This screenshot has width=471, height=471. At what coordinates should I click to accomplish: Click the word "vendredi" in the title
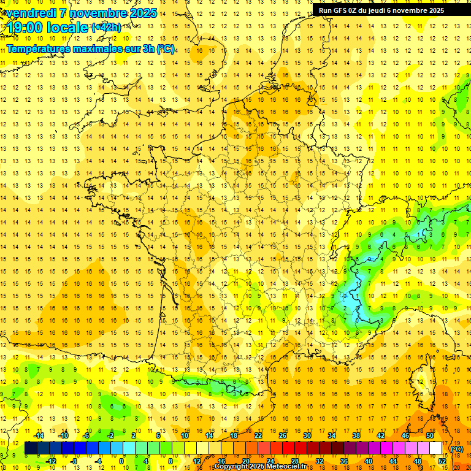tap(31, 13)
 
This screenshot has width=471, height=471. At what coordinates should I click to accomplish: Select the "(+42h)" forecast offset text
tap(106, 26)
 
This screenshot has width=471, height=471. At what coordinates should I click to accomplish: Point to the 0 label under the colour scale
tap(122, 461)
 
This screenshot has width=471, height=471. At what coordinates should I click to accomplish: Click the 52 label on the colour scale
tap(442, 461)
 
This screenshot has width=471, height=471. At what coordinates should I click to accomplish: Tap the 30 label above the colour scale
tap(307, 435)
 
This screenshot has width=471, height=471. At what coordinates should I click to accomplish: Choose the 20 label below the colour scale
tap(245, 461)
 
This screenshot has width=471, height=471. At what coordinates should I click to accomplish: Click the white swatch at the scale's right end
tap(435, 448)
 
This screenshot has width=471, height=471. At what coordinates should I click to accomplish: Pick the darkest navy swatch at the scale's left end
tap(31, 448)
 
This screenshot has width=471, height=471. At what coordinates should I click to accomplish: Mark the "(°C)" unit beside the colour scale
tap(457, 448)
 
